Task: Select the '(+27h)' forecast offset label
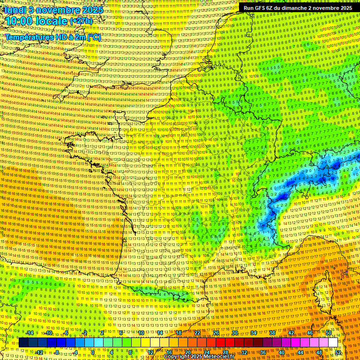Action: click(81, 22)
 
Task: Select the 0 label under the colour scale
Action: click(93, 352)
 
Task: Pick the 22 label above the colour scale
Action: click(197, 332)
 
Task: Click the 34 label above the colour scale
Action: click(254, 332)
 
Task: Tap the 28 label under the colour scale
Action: click(225, 352)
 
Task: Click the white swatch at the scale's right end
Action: click(333, 342)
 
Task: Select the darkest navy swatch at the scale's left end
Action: click(24, 342)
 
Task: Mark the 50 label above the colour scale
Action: click(329, 332)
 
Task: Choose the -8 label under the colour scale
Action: click(56, 352)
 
